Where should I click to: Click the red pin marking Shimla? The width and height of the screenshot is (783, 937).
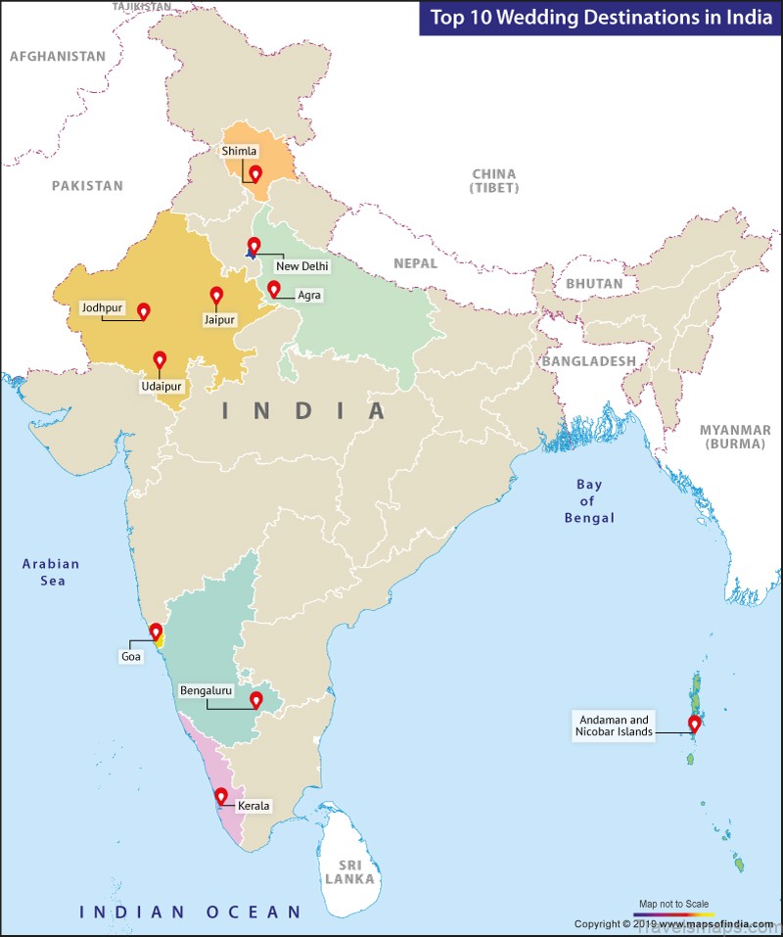255,174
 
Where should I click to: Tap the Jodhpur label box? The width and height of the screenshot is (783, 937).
102,307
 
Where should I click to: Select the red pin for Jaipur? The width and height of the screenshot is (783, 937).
216,295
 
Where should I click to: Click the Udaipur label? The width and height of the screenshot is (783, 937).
160,388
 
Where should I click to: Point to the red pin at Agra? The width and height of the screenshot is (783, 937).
274,289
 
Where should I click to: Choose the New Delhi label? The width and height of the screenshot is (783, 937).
302,265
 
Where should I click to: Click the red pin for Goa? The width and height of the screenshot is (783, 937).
156,632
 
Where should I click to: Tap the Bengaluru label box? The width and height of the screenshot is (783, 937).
206,690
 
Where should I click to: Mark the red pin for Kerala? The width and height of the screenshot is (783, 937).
221,796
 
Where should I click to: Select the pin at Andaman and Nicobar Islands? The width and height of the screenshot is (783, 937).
695,725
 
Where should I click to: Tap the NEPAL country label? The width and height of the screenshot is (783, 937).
416,263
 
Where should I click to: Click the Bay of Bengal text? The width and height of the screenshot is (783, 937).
589,501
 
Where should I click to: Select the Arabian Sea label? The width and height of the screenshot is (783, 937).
52,572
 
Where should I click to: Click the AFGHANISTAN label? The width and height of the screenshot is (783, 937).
58,57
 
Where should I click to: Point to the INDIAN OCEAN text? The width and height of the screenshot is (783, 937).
191,913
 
